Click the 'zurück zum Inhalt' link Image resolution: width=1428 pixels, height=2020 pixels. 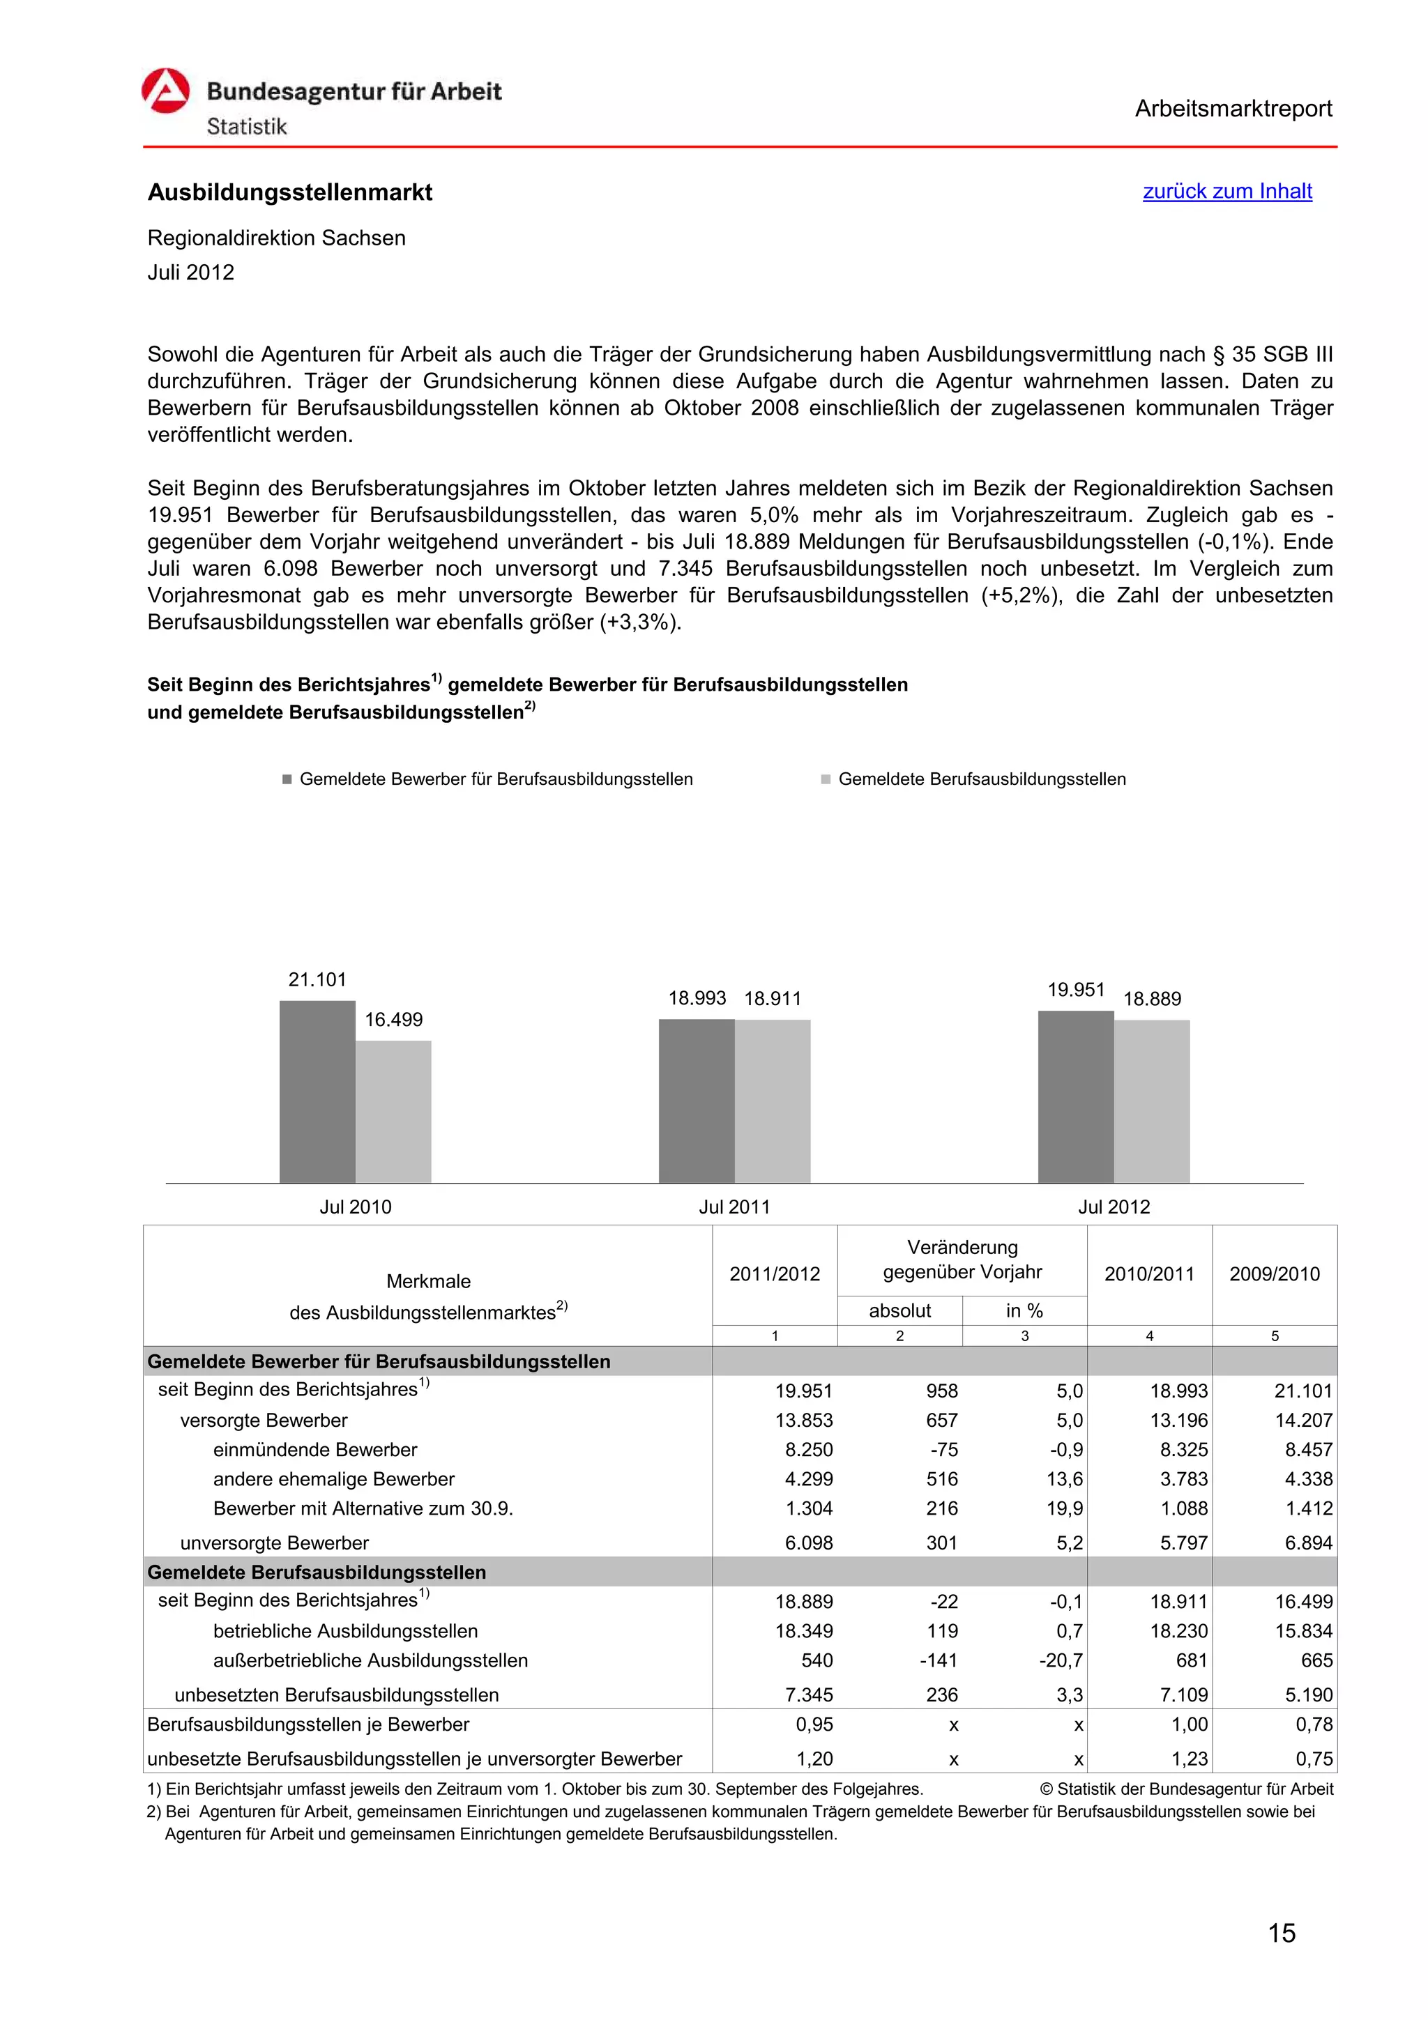pos(1226,191)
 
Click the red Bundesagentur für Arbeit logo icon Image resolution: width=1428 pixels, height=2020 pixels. pos(165,91)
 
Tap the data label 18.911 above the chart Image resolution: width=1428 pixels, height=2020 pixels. pos(772,999)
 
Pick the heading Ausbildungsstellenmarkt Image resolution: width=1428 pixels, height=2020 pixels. pos(289,192)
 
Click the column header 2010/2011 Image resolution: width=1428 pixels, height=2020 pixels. pos(1148,1274)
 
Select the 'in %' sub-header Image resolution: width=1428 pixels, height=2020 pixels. pos(1024,1311)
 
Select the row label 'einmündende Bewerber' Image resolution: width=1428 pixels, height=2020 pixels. pos(315,1450)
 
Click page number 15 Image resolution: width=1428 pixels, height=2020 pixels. pos(1281,1933)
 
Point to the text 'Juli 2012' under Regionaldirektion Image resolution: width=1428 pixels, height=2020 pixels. pos(191,273)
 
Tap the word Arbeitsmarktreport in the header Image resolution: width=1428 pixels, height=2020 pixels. pos(1233,109)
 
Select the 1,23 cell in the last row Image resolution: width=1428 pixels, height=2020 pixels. pos(1189,1759)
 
